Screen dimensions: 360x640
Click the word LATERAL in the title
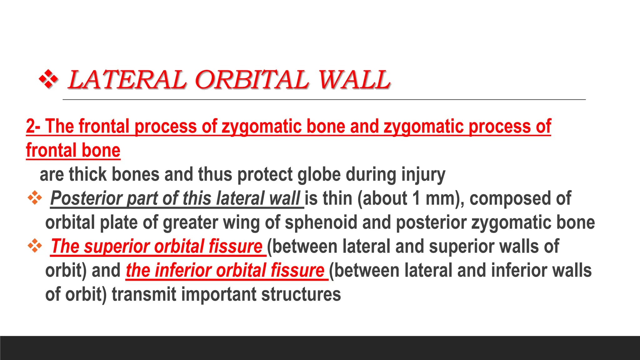coord(127,80)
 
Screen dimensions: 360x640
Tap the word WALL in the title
coord(354,80)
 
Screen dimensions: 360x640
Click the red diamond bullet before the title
coord(48,79)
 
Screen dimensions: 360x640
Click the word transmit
coord(144,295)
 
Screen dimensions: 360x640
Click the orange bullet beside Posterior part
coord(35,198)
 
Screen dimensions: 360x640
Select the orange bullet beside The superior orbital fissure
coord(35,246)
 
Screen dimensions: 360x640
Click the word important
coord(218,295)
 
